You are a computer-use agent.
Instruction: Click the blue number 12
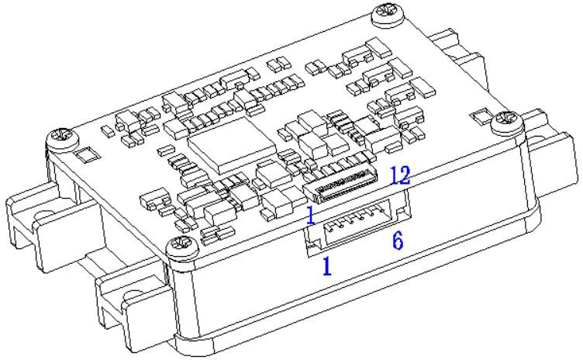point(401,175)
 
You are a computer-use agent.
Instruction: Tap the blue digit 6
point(398,241)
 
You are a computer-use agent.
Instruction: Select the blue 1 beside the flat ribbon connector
point(311,216)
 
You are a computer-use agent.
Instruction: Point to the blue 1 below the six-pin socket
point(327,266)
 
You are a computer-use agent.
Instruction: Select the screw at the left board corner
point(63,139)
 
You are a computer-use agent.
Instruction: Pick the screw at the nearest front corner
point(182,247)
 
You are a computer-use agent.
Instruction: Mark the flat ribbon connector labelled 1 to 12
point(340,184)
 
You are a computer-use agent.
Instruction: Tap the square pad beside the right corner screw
point(482,116)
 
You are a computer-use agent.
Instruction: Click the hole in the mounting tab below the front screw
point(135,299)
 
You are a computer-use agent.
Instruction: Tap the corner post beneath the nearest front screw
point(182,298)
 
